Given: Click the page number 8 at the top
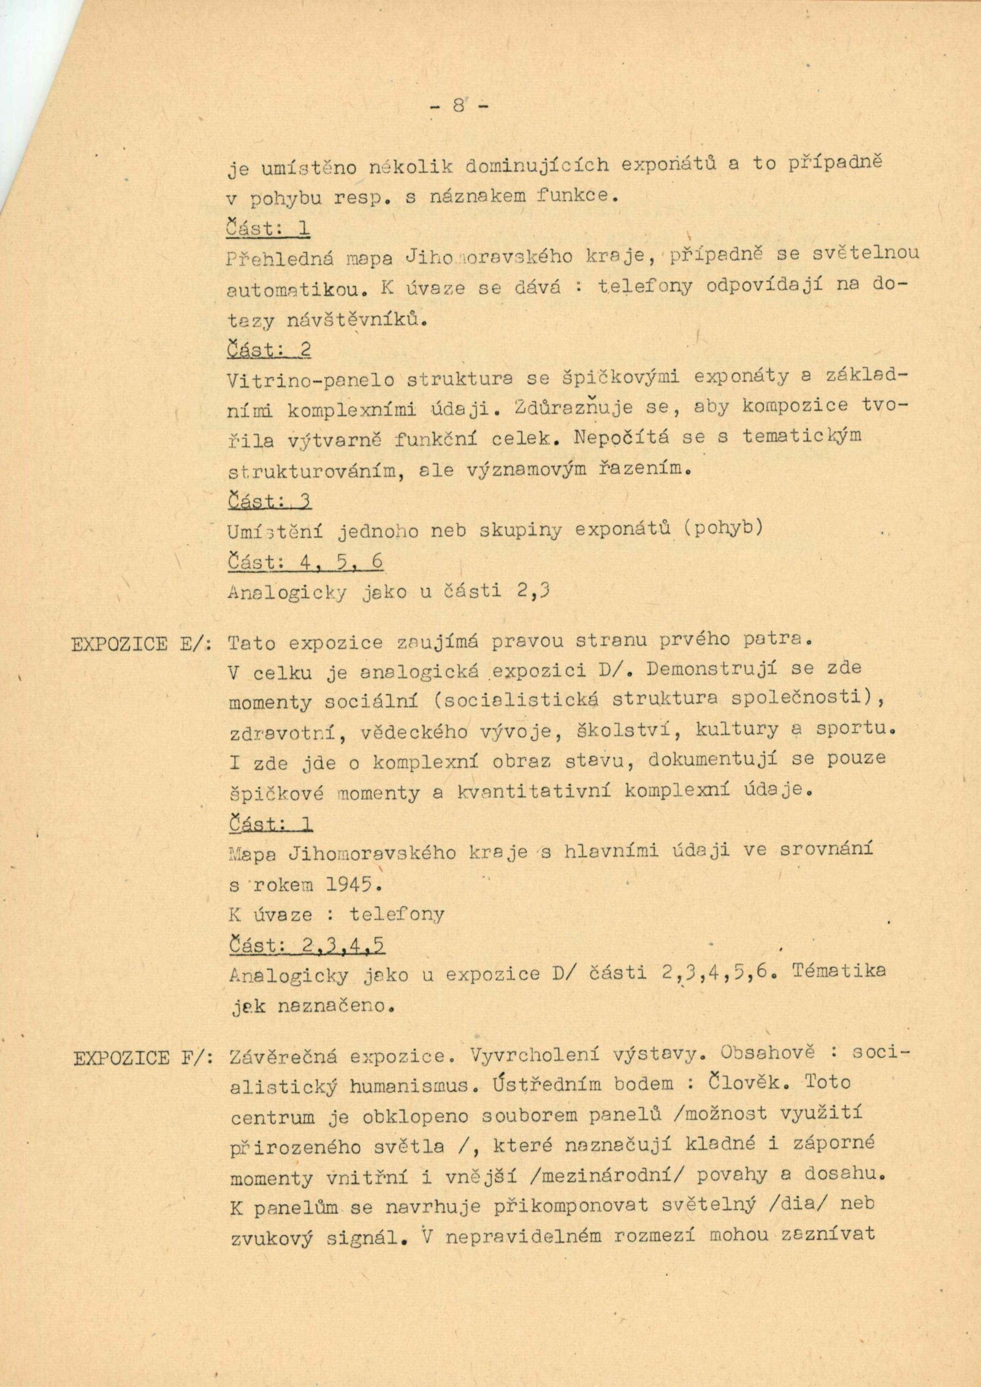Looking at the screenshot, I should (459, 106).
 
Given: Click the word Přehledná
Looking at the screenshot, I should (280, 258).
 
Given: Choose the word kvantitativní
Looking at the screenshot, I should (530, 792).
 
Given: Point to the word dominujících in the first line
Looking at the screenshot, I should (538, 167).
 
